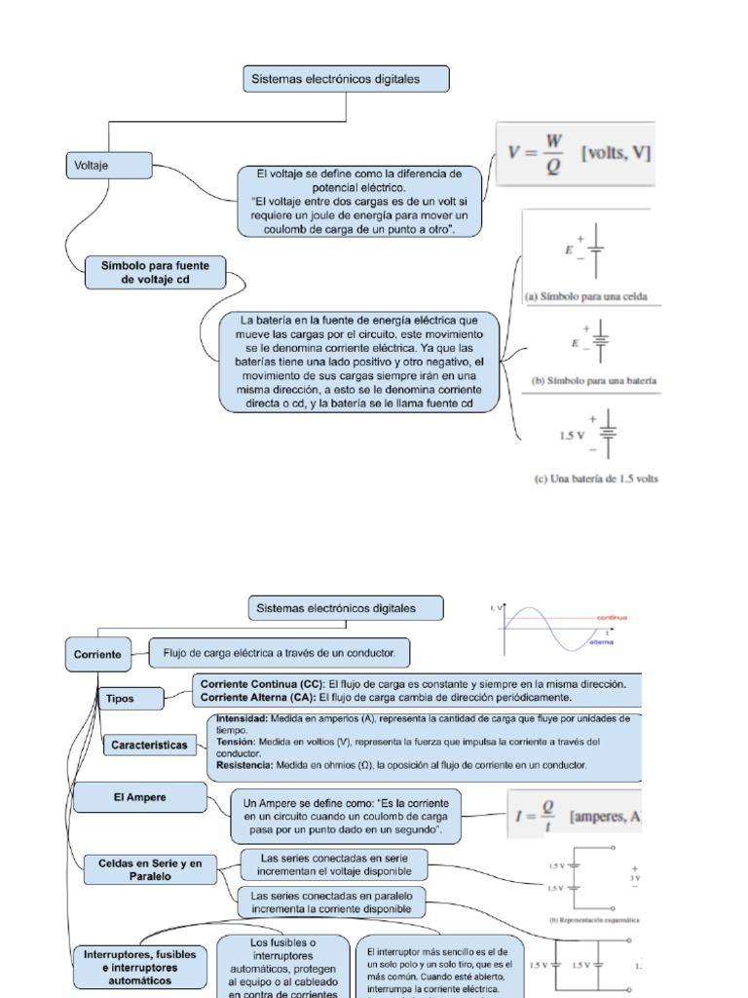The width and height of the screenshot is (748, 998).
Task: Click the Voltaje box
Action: [x=108, y=165]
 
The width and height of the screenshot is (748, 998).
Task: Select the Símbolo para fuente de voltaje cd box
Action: [x=155, y=272]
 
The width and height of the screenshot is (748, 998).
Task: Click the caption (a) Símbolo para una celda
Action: [x=586, y=295]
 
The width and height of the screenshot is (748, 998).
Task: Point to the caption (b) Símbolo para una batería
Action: [x=591, y=380]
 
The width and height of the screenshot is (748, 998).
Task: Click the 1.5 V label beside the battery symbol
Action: [x=572, y=436]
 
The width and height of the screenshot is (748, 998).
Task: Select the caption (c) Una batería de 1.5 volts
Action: [x=596, y=479]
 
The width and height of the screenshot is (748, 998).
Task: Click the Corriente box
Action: [x=97, y=654]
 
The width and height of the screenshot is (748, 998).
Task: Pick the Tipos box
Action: [x=120, y=698]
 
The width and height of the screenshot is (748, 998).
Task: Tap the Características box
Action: [x=149, y=746]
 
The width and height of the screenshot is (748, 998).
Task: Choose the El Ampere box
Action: [x=140, y=797]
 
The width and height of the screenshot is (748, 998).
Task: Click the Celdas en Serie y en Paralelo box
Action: [x=150, y=869]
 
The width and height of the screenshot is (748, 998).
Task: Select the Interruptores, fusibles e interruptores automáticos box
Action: [x=140, y=967]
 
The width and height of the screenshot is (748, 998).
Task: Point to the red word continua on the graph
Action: [x=611, y=617]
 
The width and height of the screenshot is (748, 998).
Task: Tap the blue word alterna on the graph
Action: [x=602, y=644]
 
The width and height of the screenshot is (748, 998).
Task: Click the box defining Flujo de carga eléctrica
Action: [x=279, y=652]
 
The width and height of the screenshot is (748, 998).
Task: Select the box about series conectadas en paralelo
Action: [x=332, y=902]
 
